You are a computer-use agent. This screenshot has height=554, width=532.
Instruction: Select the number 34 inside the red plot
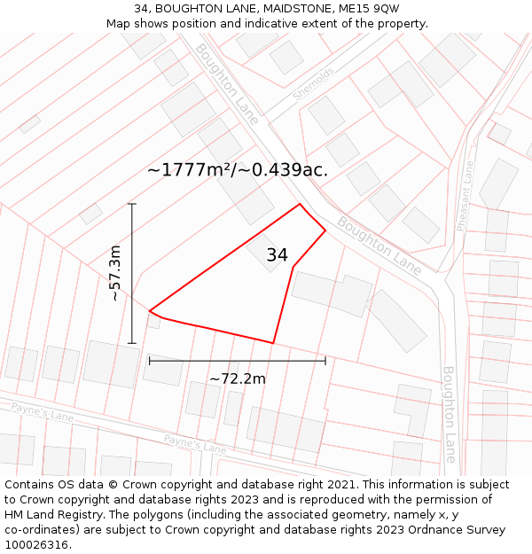click(x=277, y=255)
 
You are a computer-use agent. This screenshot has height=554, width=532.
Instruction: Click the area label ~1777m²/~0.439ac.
click(x=237, y=170)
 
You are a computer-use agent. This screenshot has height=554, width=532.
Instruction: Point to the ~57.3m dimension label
click(x=115, y=274)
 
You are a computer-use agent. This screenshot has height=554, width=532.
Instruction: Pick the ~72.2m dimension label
click(x=237, y=378)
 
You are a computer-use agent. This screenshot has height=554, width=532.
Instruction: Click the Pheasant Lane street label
click(x=465, y=196)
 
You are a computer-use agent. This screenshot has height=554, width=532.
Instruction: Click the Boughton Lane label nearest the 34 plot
click(x=379, y=247)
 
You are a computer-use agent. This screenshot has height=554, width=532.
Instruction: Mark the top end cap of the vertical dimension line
click(x=132, y=204)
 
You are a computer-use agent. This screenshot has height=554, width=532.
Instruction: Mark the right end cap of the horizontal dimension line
click(x=325, y=361)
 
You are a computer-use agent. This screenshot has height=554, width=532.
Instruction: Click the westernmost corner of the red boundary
click(x=149, y=310)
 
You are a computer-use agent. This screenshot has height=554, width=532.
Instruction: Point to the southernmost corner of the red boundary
click(x=273, y=343)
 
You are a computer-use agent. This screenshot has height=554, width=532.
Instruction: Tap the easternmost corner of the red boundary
click(x=325, y=230)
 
